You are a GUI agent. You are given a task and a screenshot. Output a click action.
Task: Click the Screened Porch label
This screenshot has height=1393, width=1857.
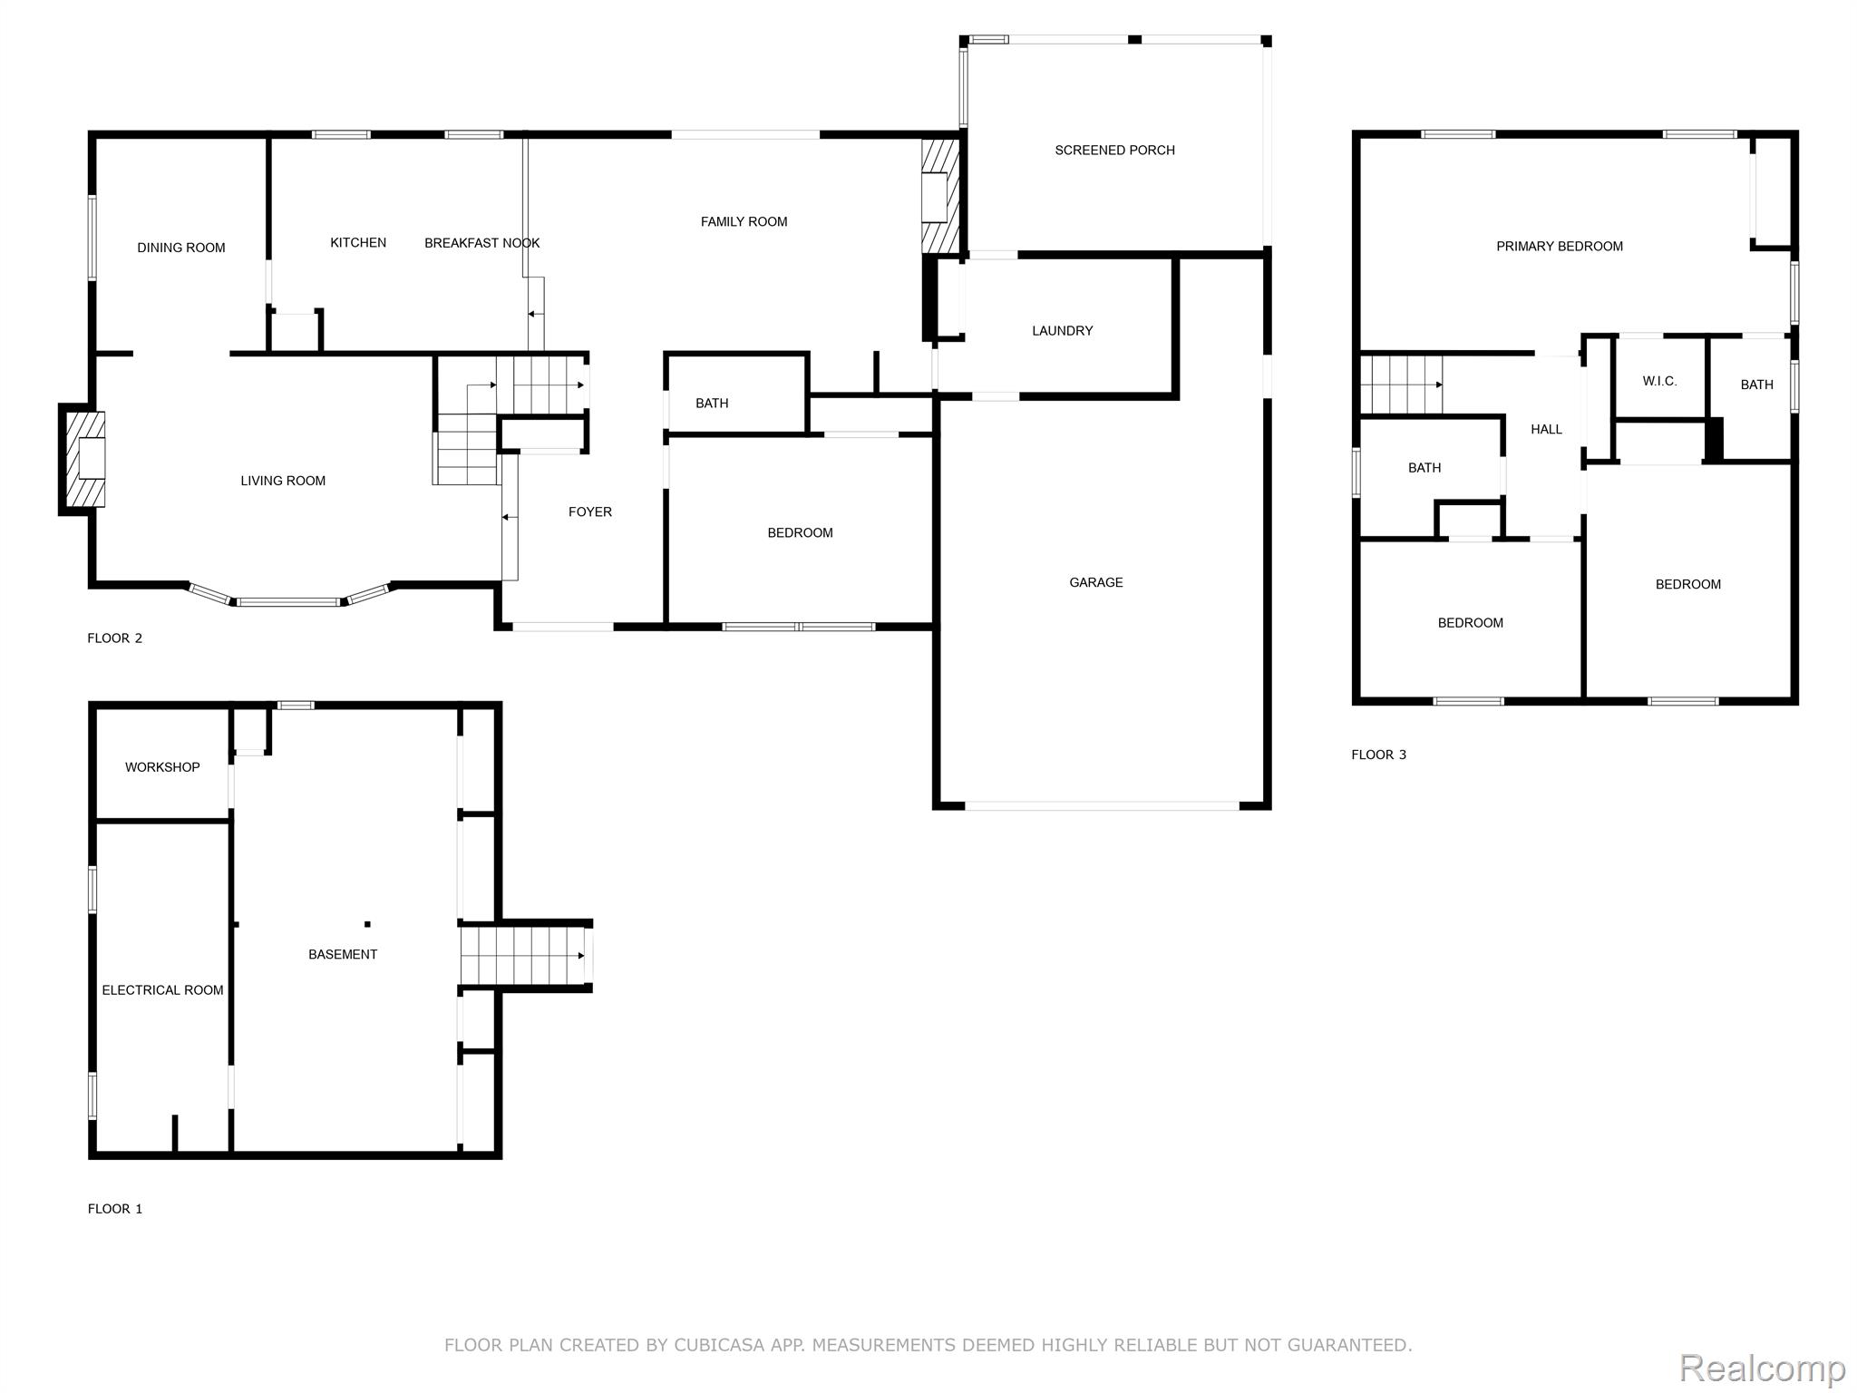click(1114, 151)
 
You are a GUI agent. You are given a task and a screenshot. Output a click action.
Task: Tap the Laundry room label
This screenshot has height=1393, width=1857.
click(1062, 331)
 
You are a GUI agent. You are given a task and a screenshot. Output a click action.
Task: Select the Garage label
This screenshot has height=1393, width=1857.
click(1095, 582)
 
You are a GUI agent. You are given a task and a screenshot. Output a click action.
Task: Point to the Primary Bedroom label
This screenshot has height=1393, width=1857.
click(1559, 247)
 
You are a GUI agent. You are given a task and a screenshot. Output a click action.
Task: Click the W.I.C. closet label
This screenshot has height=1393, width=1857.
click(1659, 382)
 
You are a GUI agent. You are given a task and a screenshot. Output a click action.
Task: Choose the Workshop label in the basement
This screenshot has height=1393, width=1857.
click(162, 767)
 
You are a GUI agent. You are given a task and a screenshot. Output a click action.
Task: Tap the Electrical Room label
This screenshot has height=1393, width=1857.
click(162, 990)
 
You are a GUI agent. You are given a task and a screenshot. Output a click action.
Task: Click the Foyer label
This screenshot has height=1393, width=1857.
click(589, 512)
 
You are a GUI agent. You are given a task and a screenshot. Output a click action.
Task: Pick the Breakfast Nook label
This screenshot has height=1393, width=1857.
click(481, 243)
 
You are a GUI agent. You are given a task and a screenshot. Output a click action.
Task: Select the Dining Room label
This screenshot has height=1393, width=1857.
click(180, 248)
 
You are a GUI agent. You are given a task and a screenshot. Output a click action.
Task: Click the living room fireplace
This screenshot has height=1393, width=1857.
click(83, 459)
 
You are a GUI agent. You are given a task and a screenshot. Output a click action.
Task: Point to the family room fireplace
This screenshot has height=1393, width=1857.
click(941, 196)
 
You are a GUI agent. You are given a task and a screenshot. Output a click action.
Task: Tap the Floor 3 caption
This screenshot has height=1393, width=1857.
click(1378, 755)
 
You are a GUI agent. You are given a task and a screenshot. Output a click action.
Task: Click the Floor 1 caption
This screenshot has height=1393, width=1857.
click(115, 1209)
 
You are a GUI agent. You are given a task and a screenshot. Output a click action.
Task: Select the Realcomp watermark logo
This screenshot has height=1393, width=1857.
click(1762, 1369)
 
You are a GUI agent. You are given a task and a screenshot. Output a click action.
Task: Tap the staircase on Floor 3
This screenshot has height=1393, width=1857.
click(1401, 385)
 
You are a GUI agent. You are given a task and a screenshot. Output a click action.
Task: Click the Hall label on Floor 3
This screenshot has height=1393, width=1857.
click(1546, 430)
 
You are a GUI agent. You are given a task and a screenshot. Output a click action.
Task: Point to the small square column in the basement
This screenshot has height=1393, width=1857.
click(367, 924)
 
